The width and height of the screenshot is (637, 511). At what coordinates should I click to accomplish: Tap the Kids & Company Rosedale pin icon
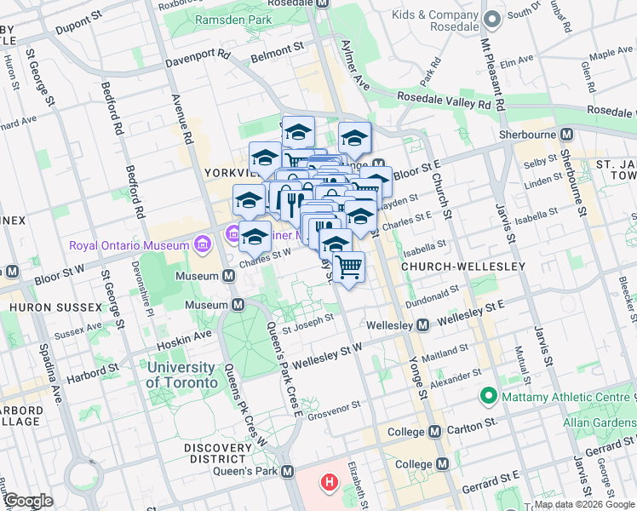(491, 19)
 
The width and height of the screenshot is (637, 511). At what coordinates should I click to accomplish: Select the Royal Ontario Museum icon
(202, 246)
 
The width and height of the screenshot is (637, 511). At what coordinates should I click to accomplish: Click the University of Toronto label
(181, 375)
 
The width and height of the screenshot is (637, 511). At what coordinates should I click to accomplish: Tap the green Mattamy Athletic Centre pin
(489, 396)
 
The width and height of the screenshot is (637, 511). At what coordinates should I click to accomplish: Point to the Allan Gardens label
(600, 422)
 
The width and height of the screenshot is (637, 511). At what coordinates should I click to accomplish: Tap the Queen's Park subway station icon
(289, 472)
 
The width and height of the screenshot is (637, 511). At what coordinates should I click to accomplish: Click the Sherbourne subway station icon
(565, 135)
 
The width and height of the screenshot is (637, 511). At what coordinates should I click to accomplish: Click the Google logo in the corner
(29, 501)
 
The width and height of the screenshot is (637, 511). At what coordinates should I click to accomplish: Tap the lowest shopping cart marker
(347, 267)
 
